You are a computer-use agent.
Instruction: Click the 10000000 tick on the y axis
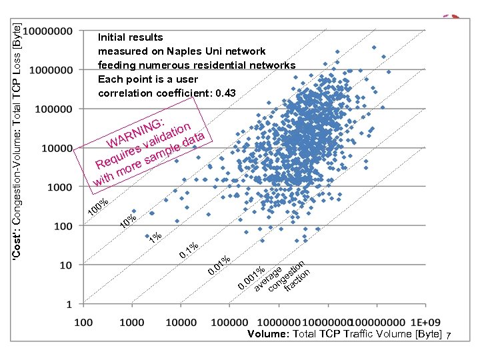(49, 31)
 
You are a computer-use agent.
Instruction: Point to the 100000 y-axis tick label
(53, 109)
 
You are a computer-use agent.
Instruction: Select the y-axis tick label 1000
(58, 187)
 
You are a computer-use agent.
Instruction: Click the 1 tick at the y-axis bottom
(69, 304)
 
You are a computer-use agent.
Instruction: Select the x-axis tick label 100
(83, 323)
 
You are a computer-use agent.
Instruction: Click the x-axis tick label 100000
(229, 323)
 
